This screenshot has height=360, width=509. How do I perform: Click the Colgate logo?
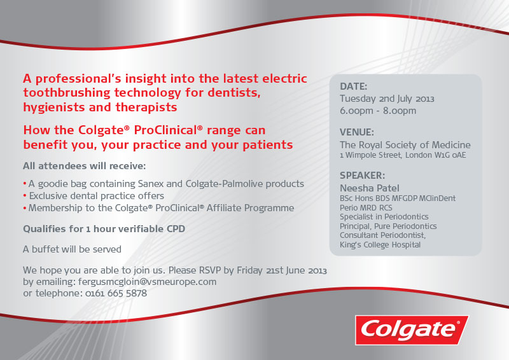(412, 330)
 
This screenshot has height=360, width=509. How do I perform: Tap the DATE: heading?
(353, 87)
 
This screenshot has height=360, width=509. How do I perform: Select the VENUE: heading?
(357, 132)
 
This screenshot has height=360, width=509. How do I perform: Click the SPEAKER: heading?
(362, 176)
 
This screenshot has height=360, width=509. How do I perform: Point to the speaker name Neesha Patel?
(370, 188)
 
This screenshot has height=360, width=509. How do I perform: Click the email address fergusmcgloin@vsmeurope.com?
(148, 282)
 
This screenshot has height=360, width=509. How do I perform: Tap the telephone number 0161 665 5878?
(116, 293)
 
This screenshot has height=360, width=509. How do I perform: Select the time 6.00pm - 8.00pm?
(378, 111)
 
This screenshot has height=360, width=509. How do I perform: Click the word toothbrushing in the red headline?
(67, 93)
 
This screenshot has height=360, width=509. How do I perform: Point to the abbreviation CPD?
(176, 229)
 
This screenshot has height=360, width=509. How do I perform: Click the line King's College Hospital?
(380, 245)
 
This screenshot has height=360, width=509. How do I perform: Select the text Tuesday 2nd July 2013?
(387, 99)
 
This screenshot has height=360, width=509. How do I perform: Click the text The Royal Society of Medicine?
(405, 145)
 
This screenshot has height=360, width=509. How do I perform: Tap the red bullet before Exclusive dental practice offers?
(25, 196)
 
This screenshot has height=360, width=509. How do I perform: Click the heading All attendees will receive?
(85, 166)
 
